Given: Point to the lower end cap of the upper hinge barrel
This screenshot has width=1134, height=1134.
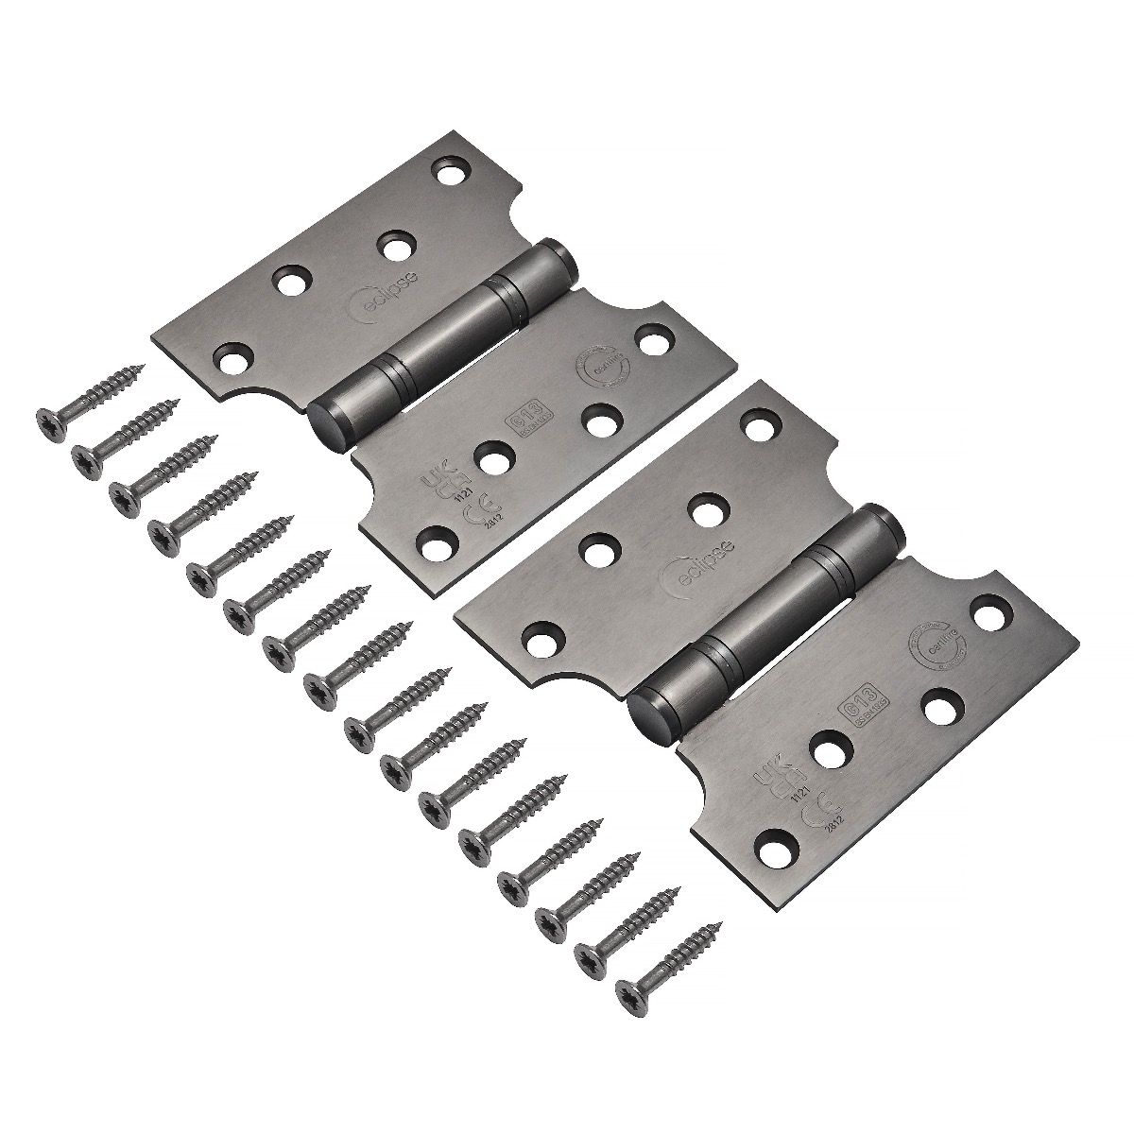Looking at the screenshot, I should (x=326, y=417).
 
